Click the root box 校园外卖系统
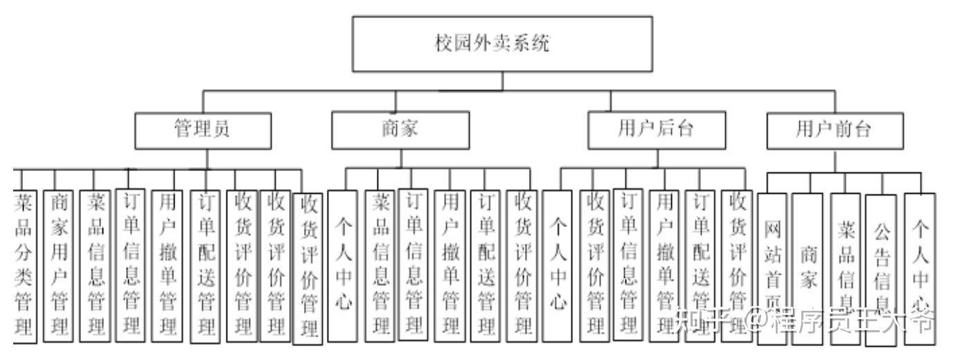502,44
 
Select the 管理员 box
203,129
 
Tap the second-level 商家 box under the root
400,129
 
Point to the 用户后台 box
657,129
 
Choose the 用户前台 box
835,129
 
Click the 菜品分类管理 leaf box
23,263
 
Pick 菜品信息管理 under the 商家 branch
380,263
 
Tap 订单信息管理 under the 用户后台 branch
628,263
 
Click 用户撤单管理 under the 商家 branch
451,263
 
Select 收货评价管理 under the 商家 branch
523,263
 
